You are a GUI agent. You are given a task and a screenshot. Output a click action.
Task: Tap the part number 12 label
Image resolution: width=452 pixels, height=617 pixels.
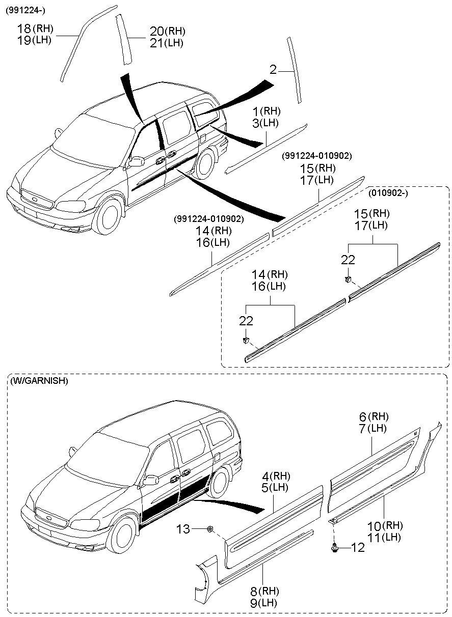(358, 548)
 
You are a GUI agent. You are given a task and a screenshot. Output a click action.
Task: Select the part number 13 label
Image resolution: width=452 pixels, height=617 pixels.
(182, 530)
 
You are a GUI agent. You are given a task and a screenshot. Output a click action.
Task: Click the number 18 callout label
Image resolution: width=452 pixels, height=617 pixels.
(24, 29)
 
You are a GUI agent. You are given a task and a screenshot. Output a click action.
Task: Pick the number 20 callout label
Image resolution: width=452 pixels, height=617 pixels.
(156, 32)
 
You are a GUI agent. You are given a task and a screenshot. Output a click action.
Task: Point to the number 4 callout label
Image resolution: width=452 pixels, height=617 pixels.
(265, 476)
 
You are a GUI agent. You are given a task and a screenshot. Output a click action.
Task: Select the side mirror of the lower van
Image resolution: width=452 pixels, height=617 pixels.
(151, 480)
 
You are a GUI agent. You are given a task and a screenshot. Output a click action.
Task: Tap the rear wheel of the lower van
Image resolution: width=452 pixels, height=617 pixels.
(221, 483)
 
